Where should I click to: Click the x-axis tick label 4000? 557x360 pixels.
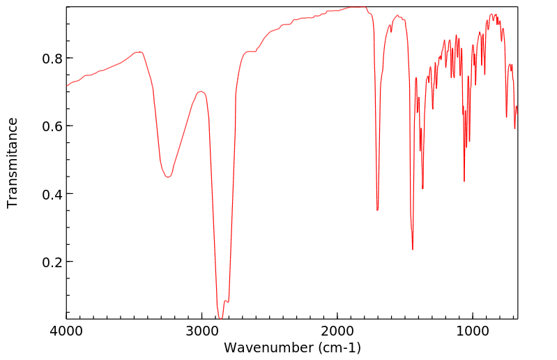point(67,331)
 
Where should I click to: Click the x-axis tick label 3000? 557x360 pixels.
point(202,331)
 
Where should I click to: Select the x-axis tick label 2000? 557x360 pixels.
point(337,331)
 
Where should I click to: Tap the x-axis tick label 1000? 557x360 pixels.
point(473,331)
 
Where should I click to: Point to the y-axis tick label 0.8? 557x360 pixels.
point(46,58)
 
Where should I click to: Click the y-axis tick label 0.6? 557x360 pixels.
point(46,126)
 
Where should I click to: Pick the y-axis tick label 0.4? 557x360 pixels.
point(46,194)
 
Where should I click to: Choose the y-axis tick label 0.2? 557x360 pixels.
point(46,262)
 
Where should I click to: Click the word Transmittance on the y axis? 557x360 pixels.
point(13,163)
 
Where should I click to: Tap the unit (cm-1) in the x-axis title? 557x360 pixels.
point(339,347)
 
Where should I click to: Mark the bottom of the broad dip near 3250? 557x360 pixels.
point(167,177)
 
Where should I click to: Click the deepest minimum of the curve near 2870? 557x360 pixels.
point(220,318)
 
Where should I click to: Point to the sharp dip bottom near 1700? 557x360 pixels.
point(377,210)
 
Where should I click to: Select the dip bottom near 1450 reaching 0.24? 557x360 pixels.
point(413,250)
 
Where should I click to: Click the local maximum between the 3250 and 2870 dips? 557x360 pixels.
point(201,91)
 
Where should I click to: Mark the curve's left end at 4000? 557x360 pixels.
point(67,87)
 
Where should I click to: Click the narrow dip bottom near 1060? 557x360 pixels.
point(464,181)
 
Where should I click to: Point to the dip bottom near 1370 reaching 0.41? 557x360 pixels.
point(423,188)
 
